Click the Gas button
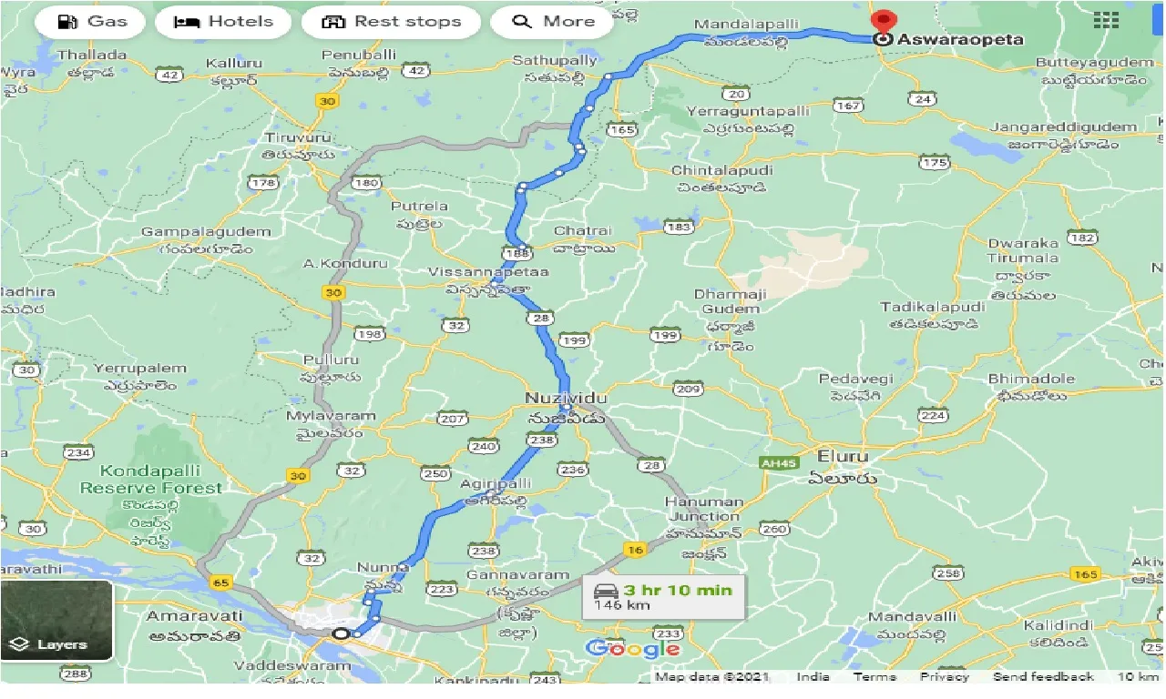[91, 22]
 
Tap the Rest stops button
[391, 22]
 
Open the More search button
[554, 22]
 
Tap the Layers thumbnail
[56, 621]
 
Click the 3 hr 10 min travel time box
[663, 596]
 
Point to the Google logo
[632, 648]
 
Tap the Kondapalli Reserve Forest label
[150, 479]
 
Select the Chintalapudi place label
[721, 170]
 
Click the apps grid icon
[1106, 21]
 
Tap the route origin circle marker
[341, 633]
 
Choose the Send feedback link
[1043, 676]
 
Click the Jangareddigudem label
[1063, 127]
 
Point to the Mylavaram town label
[331, 416]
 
